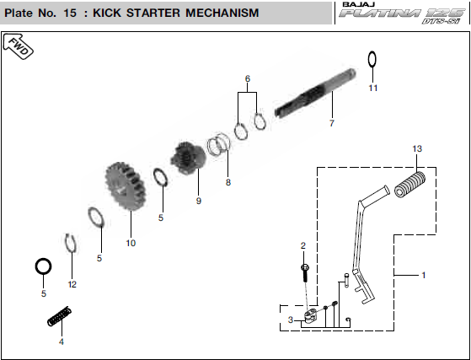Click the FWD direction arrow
pos(18,46)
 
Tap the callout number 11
pos(372,88)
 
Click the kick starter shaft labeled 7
pos(315,94)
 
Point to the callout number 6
pos(248,78)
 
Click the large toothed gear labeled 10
pos(126,186)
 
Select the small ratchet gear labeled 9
pos(188,158)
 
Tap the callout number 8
pos(228,182)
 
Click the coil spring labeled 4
pos(60,316)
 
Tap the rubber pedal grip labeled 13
pos(409,184)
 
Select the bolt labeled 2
pos(305,272)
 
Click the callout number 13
pos(417,148)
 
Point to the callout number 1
pos(424,275)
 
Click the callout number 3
pos(291,320)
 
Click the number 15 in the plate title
pos(70,13)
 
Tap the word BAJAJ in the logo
pos(359,4)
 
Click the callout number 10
pos(131,243)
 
